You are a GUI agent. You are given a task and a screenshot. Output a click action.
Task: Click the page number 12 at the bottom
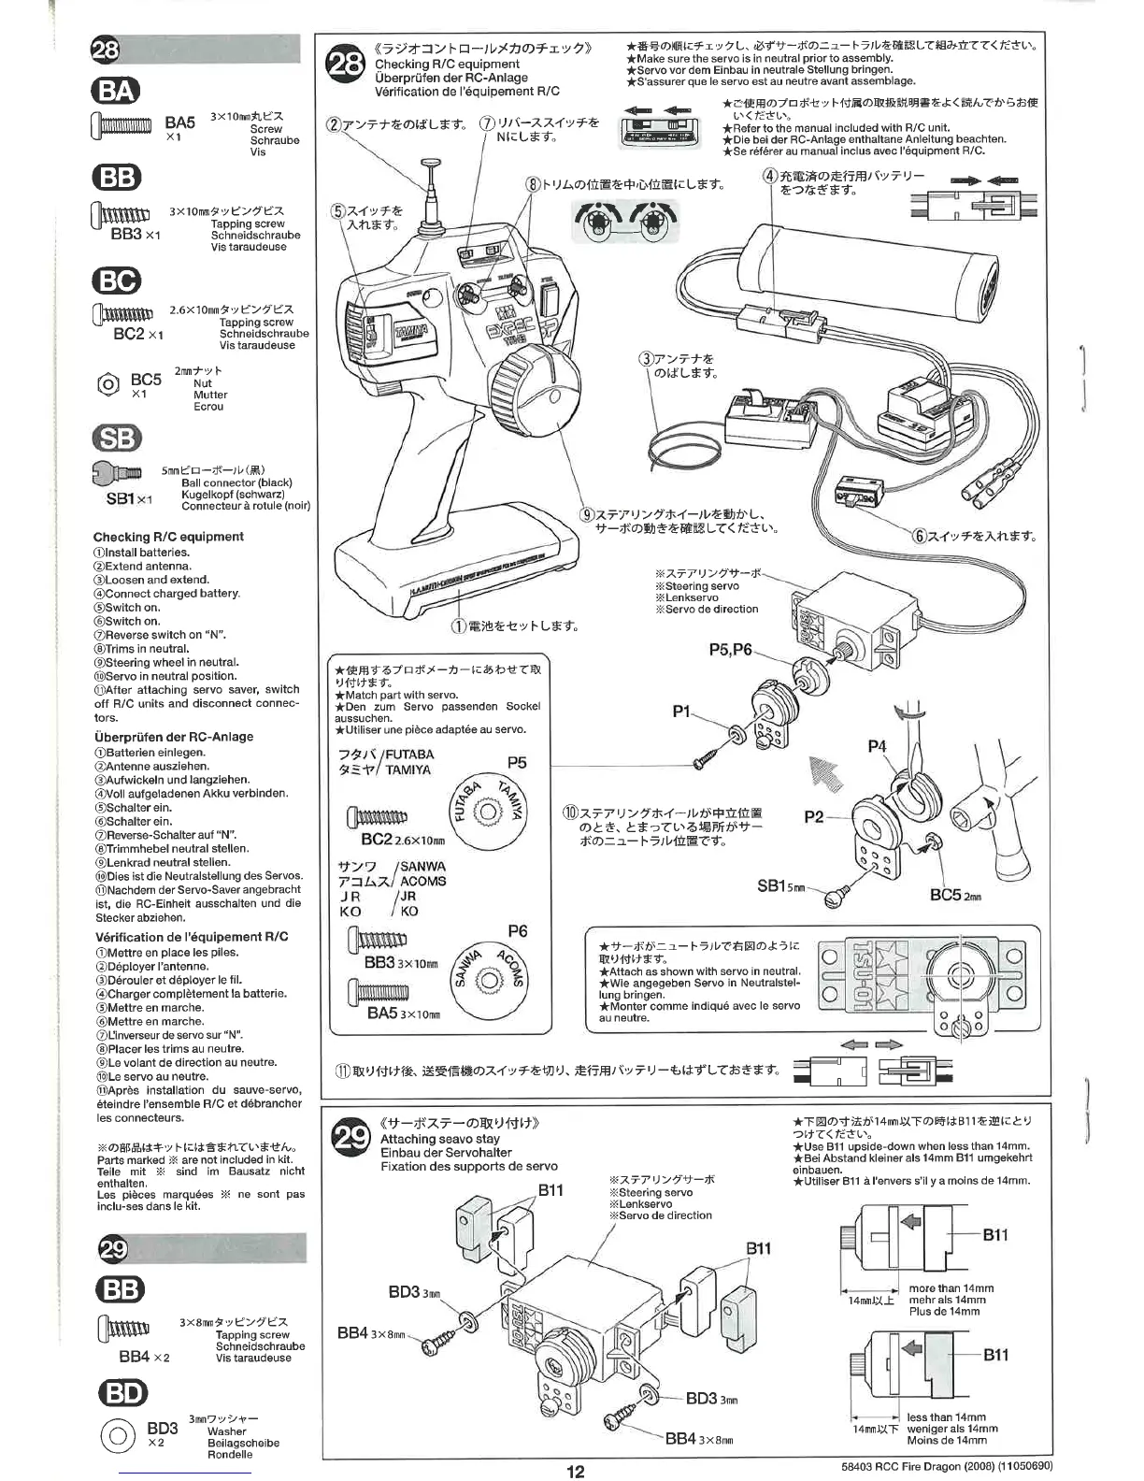(575, 1471)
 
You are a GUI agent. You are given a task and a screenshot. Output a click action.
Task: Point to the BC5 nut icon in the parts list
(107, 382)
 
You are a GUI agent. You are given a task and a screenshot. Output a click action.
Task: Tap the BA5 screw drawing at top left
(121, 125)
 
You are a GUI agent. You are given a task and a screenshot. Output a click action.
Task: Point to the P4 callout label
(877, 746)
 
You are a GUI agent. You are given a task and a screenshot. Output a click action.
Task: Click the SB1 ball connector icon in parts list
(116, 475)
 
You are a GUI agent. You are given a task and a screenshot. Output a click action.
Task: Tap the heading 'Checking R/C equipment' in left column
(168, 537)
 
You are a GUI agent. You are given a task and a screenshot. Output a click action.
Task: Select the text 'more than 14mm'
(951, 1287)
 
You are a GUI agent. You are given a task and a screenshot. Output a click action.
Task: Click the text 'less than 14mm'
(946, 1417)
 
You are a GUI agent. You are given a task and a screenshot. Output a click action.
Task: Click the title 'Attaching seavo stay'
(439, 1139)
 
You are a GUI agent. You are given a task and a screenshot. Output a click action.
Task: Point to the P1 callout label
(680, 712)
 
